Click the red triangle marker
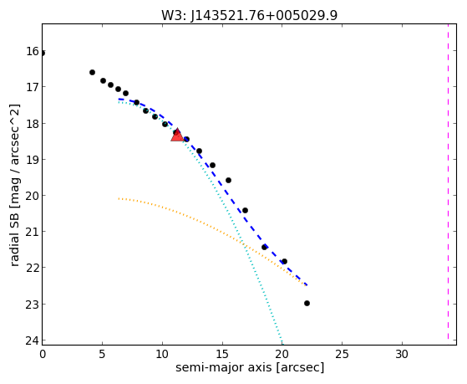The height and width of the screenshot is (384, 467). coord(177,135)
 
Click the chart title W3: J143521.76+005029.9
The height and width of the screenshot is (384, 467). coord(250,16)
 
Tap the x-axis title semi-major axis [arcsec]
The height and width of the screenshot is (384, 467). coord(250,367)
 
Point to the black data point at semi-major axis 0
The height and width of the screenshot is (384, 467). coord(43,53)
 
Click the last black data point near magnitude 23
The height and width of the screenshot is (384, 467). coord(307,303)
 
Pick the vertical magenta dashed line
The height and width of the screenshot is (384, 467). coord(448,182)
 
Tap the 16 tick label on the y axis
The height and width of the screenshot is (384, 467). coord(33,51)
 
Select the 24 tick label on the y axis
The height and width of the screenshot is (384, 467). coord(33,340)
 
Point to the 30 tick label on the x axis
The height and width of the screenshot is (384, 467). coord(402,354)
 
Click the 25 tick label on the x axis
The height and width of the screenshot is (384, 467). coord(342,354)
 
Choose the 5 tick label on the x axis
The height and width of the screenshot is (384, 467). coord(102,354)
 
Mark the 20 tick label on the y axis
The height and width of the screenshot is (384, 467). coord(33,196)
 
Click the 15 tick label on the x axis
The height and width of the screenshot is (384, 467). coord(222,354)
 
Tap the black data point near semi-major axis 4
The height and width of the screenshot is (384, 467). coord(93,72)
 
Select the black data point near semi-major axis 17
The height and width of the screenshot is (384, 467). coord(245,210)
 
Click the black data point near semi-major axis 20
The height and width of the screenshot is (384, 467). coord(284,261)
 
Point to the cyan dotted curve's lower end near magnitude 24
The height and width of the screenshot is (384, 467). coord(282,342)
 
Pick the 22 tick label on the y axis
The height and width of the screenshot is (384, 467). coord(33,268)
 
